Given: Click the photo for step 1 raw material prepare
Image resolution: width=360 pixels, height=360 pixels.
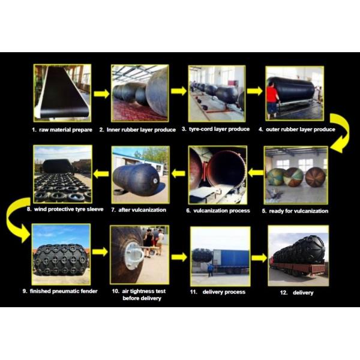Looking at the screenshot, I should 62,93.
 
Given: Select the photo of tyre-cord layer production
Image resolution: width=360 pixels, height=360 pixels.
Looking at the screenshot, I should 217,93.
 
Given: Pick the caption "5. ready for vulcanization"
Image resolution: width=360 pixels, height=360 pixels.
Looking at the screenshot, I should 296,211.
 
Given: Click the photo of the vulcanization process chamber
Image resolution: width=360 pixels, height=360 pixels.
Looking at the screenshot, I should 217,174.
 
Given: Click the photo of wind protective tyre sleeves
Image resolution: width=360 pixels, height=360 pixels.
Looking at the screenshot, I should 62,174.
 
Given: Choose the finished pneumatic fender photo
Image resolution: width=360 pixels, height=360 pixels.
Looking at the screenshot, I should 61,254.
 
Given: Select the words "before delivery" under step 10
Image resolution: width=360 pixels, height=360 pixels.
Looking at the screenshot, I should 142,298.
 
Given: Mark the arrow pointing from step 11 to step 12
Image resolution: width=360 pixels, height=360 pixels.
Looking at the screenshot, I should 259,257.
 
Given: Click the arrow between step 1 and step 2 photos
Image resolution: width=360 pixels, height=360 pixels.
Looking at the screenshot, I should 101,94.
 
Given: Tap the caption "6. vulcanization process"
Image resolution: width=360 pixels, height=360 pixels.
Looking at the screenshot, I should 218,211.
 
